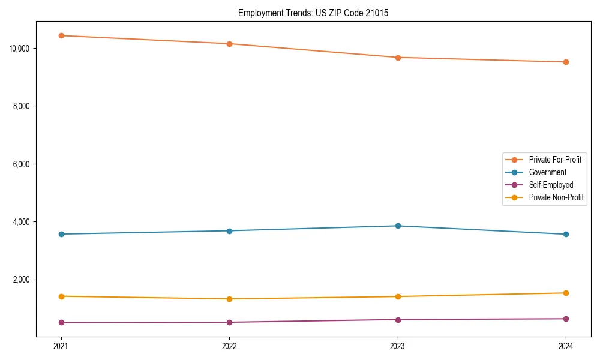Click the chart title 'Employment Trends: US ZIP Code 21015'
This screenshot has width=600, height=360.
pos(313,13)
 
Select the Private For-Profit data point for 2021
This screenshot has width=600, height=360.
pos(61,35)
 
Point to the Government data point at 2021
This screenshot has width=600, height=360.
pos(61,234)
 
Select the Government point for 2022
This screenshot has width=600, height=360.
pos(229,230)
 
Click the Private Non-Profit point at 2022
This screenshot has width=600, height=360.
pos(229,299)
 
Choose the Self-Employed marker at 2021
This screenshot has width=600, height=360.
pos(61,322)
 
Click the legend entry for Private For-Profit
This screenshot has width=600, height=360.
pos(554,160)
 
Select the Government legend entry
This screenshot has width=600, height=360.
pos(547,172)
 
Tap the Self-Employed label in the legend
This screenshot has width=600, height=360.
pos(551,185)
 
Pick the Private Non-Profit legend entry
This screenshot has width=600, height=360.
pos(556,197)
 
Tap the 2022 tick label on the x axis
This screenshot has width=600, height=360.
pos(229,346)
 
